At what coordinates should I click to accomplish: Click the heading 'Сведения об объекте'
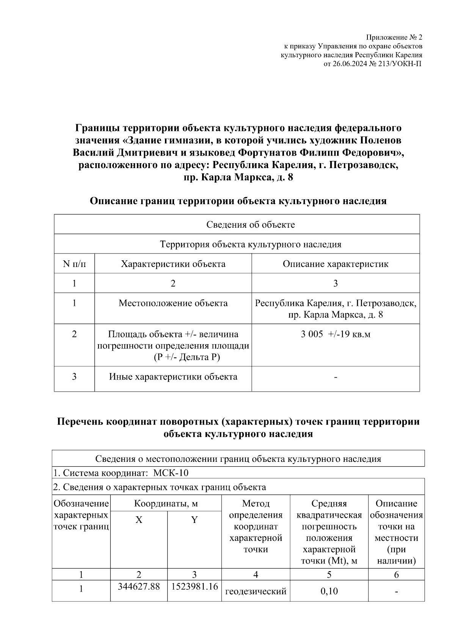click(x=250, y=224)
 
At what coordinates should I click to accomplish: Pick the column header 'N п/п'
click(x=74, y=264)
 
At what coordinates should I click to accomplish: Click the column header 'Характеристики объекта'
click(x=173, y=264)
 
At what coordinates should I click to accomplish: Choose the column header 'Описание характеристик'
click(x=335, y=264)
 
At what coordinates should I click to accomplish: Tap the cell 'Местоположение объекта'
click(x=173, y=303)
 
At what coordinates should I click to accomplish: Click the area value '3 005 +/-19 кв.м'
click(x=335, y=334)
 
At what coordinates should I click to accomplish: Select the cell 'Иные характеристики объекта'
click(x=173, y=377)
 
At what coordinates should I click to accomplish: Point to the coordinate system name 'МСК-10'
click(x=171, y=473)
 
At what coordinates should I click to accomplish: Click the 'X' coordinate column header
click(x=139, y=520)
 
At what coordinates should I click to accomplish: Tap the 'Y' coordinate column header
click(x=194, y=520)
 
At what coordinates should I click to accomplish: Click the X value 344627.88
click(x=139, y=587)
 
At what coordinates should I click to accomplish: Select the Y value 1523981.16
click(x=195, y=587)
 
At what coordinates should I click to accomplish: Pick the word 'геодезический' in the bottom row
click(x=256, y=591)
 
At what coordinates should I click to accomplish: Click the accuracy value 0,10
click(x=329, y=591)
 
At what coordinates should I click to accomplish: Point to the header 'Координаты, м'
click(x=166, y=504)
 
